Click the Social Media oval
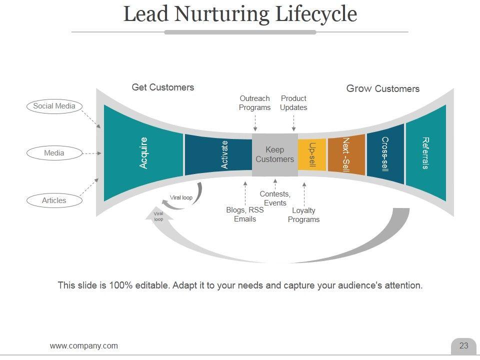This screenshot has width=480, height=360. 54,106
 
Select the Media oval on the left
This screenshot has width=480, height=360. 54,153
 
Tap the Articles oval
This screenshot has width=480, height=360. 54,200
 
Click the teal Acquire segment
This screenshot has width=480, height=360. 143,153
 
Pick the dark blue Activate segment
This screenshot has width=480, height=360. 218,154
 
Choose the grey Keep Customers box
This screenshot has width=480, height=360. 274,154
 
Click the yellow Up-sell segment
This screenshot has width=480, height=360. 312,154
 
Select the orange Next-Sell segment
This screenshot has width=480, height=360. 346,154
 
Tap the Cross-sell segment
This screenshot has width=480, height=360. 385,154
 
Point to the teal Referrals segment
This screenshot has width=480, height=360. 425,153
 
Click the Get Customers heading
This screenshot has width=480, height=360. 162,87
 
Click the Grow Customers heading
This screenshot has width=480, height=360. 382,89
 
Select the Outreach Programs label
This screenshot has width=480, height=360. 254,103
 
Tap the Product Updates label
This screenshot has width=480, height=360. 293,103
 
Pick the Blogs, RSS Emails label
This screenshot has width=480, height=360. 245,214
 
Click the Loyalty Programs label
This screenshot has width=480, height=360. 303,215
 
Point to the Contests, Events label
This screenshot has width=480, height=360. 275,198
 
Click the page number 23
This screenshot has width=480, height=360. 463,345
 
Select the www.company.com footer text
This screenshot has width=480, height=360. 84,345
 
